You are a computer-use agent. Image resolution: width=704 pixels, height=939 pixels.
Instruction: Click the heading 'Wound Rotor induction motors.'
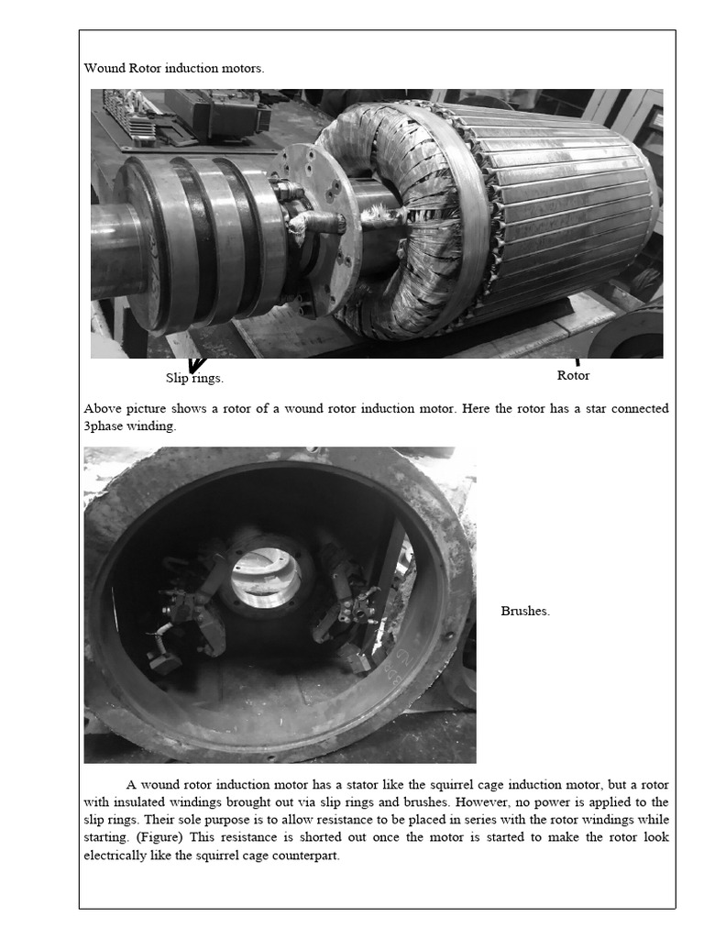point(174,68)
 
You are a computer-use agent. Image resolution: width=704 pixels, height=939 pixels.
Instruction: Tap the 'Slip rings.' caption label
point(194,378)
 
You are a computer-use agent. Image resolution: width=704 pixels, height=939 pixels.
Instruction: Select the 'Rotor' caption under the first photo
point(573,375)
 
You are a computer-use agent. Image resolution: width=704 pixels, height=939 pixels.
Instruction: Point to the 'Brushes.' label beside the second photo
point(525,611)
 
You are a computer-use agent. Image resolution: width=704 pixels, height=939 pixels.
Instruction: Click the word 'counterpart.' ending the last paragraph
point(306,855)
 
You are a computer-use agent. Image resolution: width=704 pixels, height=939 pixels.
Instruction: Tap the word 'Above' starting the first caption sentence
point(102,408)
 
